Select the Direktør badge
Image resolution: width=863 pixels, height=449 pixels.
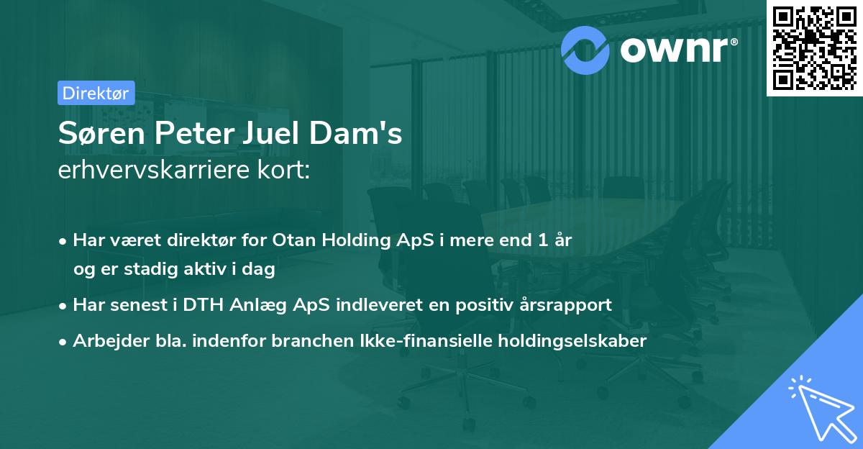click(x=96, y=93)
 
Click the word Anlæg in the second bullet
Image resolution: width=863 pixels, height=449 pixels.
click(x=260, y=305)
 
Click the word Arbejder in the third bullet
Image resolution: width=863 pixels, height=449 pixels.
click(x=106, y=340)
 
